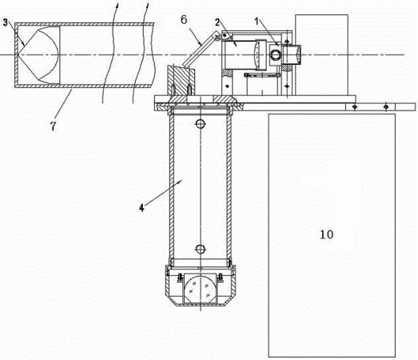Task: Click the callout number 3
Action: coord(6,22)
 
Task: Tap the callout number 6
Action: coord(184,20)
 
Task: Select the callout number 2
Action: coord(218,22)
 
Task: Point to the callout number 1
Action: coord(257,22)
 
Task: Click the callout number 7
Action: coord(54,126)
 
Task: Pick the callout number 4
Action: coord(141,208)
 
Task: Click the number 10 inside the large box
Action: coord(327,234)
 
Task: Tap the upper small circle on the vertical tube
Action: coord(200,123)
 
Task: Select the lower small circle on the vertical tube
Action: coord(200,249)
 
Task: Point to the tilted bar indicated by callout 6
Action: coord(200,50)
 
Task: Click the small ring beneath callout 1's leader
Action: coord(275,54)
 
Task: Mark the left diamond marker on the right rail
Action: coord(354,107)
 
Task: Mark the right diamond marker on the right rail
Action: coord(386,107)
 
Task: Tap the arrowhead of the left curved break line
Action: coord(117,6)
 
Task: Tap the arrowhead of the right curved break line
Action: coord(148,6)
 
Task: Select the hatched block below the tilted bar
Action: coord(181,81)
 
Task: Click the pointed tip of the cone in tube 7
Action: coord(18,54)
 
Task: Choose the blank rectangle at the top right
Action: coord(321,54)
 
